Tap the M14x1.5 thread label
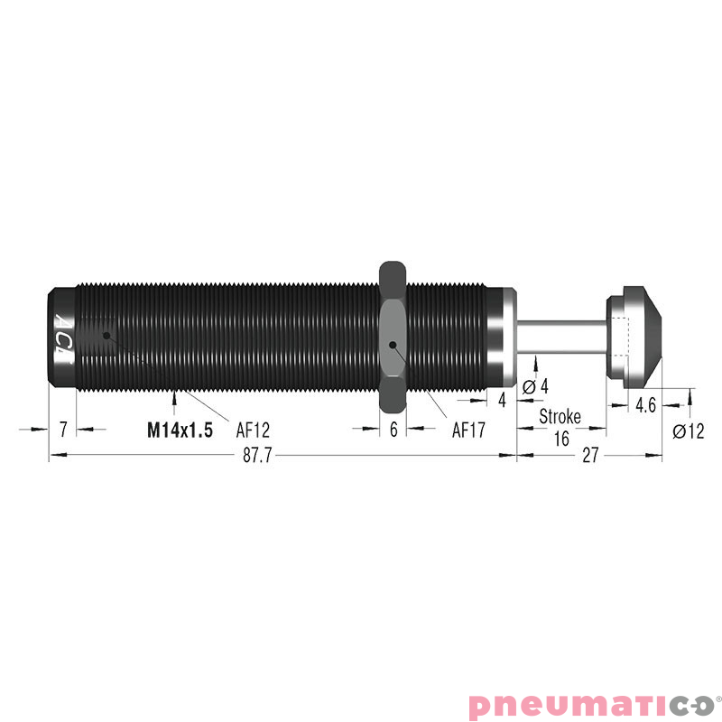coord(180,430)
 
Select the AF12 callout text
coord(253,430)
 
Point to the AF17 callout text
coord(468,430)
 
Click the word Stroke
coord(560,417)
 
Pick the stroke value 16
coord(560,439)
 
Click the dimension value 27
coord(590,457)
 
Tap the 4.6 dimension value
coord(645,405)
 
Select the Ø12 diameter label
coord(688,431)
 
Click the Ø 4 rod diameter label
coord(536,386)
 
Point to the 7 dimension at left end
coord(62,430)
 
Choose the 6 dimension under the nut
coord(393,430)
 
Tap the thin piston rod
coord(560,336)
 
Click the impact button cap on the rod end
coord(636,336)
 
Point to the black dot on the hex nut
coord(393,346)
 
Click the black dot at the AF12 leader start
coord(106,335)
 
